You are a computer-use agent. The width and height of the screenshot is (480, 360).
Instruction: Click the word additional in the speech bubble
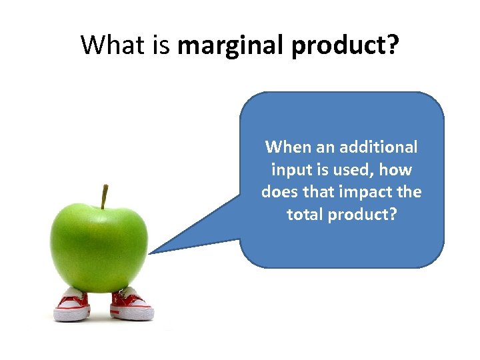coord(378,147)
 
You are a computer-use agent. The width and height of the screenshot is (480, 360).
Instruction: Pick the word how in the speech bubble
coord(398,169)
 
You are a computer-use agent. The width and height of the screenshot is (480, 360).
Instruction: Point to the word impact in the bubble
coord(362,192)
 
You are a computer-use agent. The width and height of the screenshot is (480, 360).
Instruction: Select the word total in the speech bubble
coord(305,215)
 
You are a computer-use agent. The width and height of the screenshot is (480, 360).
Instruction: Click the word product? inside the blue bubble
coord(363,215)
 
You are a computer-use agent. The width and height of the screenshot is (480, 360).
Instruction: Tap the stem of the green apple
coord(104,197)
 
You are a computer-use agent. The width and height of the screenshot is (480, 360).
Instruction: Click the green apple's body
coord(100,247)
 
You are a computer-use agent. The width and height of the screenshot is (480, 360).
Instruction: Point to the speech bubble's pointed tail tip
coord(150,253)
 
